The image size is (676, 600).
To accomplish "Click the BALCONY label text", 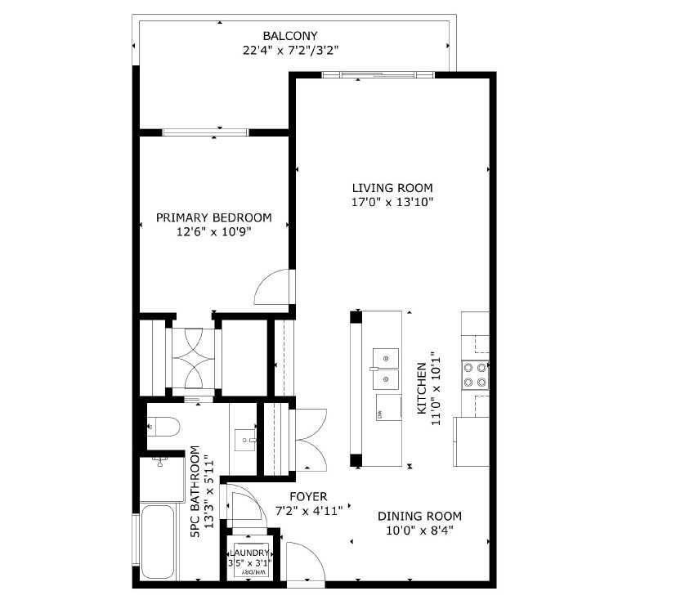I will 289,36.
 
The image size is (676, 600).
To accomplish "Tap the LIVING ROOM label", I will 392,187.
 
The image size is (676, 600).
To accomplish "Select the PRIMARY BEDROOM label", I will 213,217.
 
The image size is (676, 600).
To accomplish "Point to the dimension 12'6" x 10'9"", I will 213,232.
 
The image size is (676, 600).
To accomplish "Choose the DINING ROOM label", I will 419,516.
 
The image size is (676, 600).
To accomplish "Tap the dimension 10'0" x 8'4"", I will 419,531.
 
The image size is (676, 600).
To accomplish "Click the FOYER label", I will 308,496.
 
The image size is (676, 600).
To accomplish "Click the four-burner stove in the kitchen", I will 475,374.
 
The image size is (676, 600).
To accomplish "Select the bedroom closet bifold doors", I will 192,357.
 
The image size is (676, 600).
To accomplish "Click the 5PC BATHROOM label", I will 201,490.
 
